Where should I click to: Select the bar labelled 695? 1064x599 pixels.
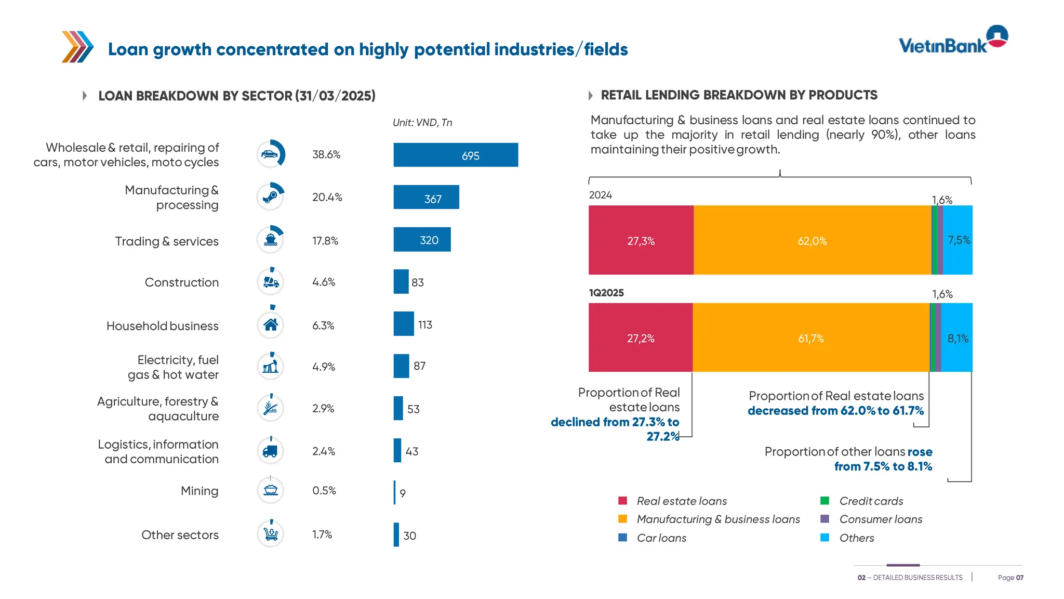[x=456, y=155]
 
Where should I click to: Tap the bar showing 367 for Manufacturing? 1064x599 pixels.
[x=426, y=198]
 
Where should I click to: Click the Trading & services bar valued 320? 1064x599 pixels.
[x=422, y=240]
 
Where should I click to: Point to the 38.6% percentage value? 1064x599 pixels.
[x=326, y=155]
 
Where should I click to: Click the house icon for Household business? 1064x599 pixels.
[x=271, y=325]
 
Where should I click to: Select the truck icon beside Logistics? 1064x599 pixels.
[x=270, y=451]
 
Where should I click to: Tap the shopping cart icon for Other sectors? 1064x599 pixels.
[x=271, y=534]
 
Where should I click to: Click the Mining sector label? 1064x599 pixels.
[x=199, y=491]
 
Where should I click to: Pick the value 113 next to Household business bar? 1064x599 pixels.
[x=425, y=325]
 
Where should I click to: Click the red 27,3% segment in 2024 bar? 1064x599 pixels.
[x=641, y=240]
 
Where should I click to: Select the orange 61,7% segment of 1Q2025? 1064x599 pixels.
[x=810, y=338]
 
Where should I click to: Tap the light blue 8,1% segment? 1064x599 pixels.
[x=957, y=338]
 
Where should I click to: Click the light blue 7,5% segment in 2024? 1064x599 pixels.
[x=958, y=240]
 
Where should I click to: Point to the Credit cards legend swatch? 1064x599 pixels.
[x=824, y=501]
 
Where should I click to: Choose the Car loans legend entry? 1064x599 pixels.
[x=661, y=538]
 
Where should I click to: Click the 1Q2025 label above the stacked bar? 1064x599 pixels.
[x=606, y=293]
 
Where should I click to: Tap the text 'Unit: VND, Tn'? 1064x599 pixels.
[x=422, y=123]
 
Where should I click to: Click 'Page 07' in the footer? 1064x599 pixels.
[x=1010, y=578]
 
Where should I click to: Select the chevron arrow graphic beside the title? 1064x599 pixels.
[x=77, y=47]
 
